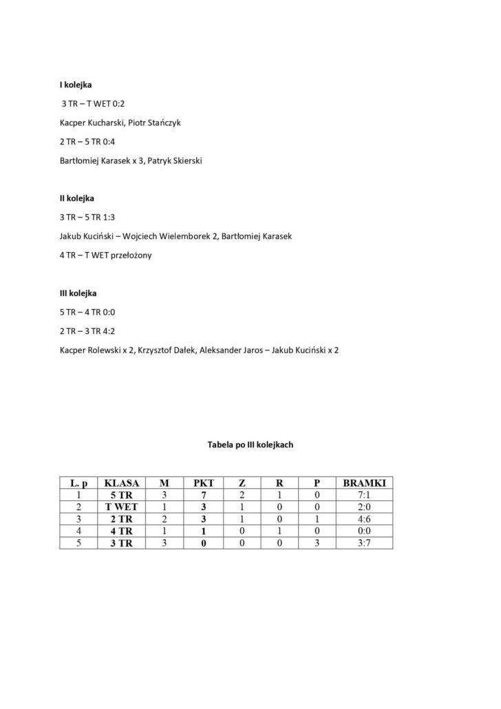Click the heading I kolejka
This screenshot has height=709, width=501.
pyautogui.click(x=76, y=85)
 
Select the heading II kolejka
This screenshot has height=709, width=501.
pyautogui.click(x=77, y=198)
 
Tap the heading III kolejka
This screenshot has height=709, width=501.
pyautogui.click(x=78, y=293)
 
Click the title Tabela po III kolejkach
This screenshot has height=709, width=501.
pyautogui.click(x=250, y=445)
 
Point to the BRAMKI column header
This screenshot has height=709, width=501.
pyautogui.click(x=364, y=483)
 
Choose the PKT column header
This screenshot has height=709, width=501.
pyautogui.click(x=204, y=483)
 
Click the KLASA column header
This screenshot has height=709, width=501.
pyautogui.click(x=122, y=483)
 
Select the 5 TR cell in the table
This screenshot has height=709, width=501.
pyautogui.click(x=122, y=494)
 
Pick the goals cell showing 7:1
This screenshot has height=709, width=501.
pyautogui.click(x=364, y=494)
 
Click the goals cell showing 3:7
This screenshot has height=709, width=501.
pyautogui.click(x=364, y=543)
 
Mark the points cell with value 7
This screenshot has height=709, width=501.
pyautogui.click(x=204, y=494)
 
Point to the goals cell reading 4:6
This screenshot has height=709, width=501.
pyautogui.click(x=364, y=518)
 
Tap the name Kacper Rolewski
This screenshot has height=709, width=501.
pyautogui.click(x=89, y=350)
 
